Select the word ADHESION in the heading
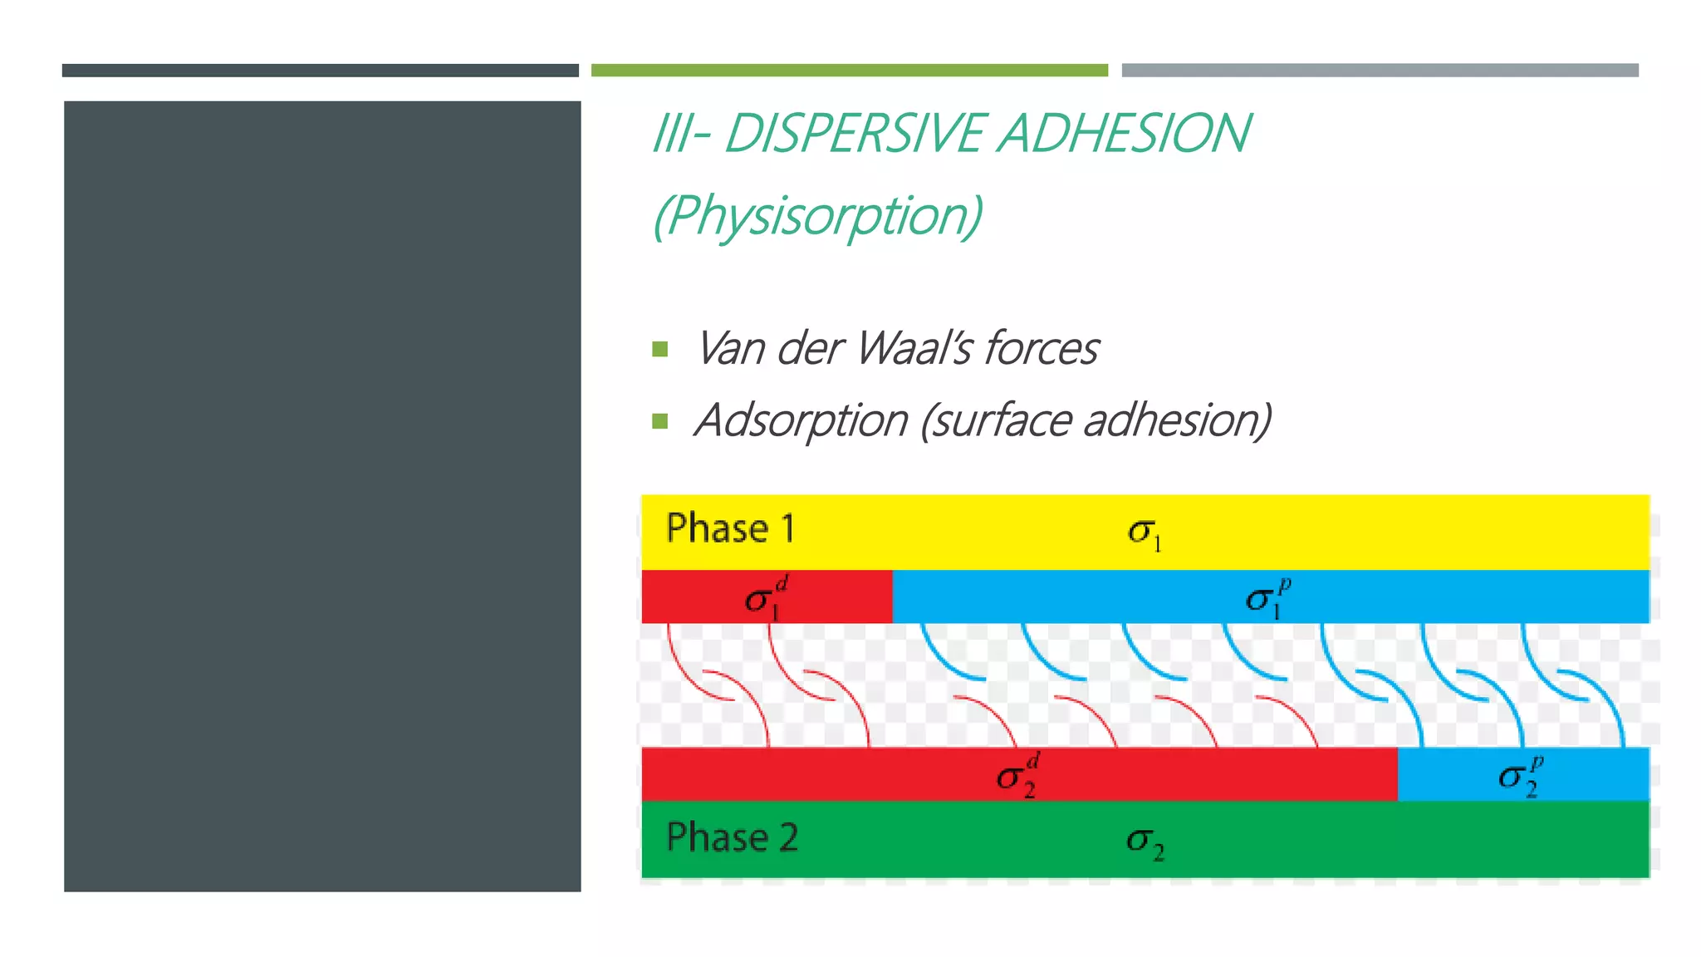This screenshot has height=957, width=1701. [x=1124, y=134]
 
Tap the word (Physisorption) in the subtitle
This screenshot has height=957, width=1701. [x=818, y=216]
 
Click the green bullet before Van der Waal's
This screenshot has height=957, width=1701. [x=660, y=349]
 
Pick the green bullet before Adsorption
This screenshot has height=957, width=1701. [x=660, y=421]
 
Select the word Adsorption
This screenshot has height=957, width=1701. [x=801, y=420]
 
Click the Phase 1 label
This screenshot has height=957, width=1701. [x=731, y=529]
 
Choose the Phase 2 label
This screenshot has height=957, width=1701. [x=732, y=837]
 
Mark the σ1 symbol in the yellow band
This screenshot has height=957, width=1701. [x=1145, y=532]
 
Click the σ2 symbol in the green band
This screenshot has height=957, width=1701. [x=1145, y=842]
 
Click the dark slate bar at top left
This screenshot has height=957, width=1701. [x=320, y=71]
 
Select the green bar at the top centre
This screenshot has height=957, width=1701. [x=849, y=71]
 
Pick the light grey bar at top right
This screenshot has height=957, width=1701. [x=1380, y=71]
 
